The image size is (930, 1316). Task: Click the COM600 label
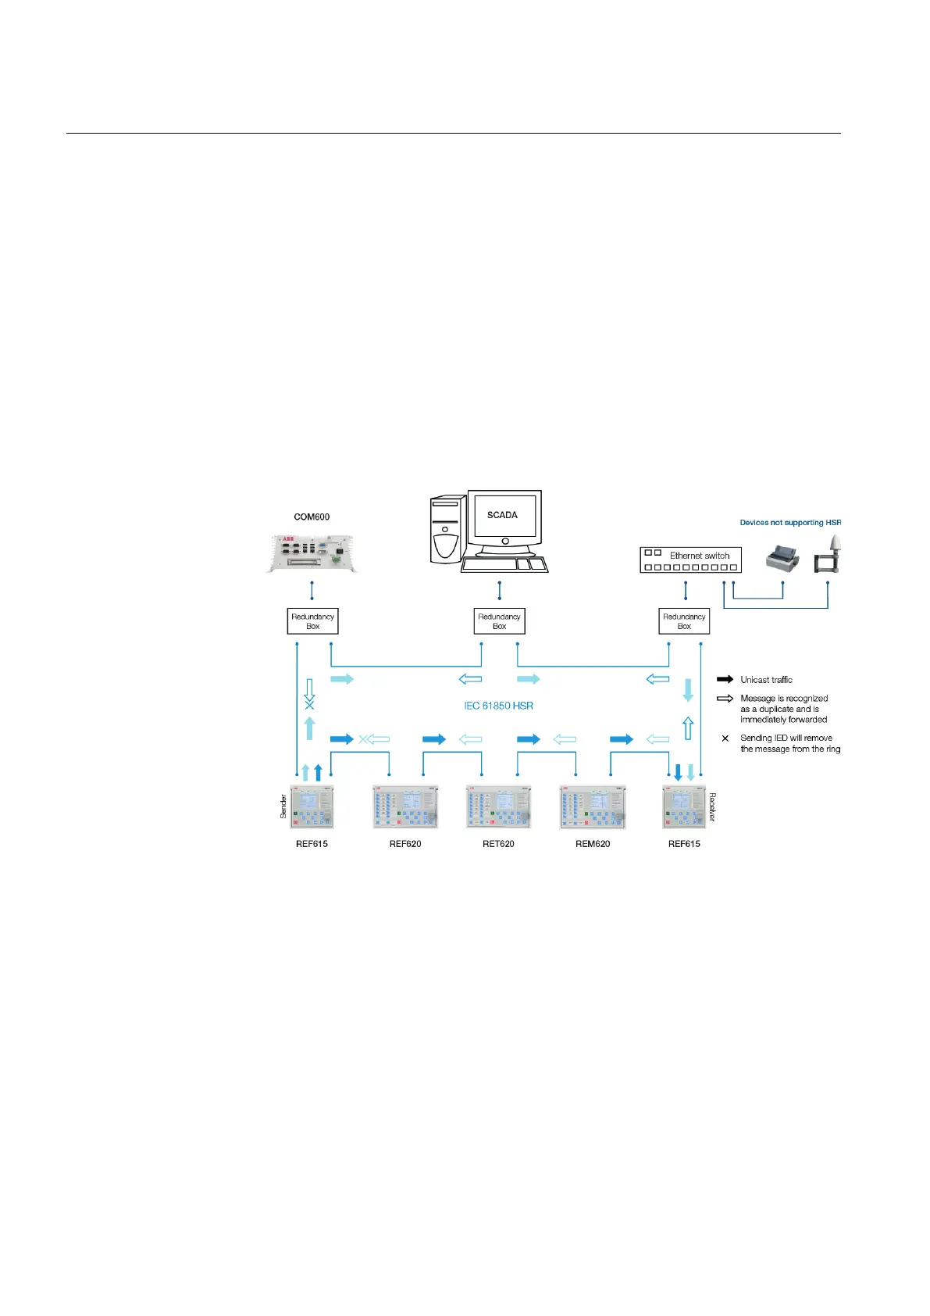(x=312, y=517)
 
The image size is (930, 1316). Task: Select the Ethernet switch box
(x=690, y=560)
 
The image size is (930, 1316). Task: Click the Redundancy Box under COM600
(x=312, y=621)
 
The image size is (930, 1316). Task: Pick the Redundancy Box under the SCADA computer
(x=499, y=621)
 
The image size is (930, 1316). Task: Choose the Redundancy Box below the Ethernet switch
(x=684, y=621)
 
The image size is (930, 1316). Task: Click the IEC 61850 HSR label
(x=498, y=706)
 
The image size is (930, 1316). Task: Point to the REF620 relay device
(x=404, y=807)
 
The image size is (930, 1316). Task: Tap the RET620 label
(x=498, y=844)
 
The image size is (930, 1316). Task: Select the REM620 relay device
(x=592, y=807)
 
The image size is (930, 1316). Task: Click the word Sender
(x=283, y=806)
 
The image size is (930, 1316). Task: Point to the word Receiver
(x=712, y=806)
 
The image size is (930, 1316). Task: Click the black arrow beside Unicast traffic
(x=725, y=680)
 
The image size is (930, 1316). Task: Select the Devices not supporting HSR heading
(x=790, y=523)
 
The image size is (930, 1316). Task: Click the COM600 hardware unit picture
(x=312, y=553)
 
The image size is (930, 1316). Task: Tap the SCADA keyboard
(x=504, y=565)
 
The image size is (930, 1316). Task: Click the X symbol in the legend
(x=725, y=738)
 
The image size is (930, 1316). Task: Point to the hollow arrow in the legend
(x=725, y=699)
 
